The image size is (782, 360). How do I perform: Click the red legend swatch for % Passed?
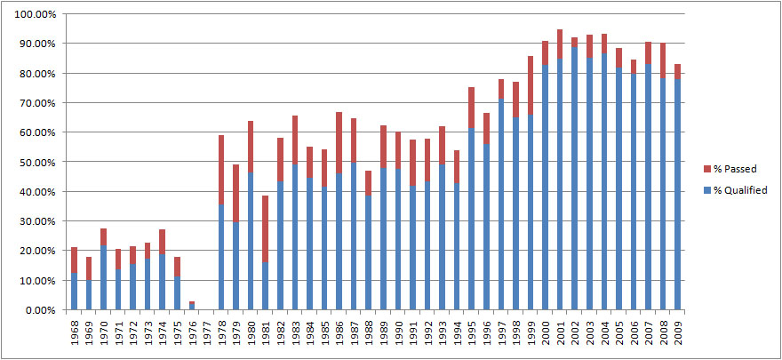coord(706,168)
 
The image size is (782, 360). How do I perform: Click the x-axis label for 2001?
coord(562,335)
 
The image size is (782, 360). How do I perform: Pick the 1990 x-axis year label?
coord(400,335)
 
